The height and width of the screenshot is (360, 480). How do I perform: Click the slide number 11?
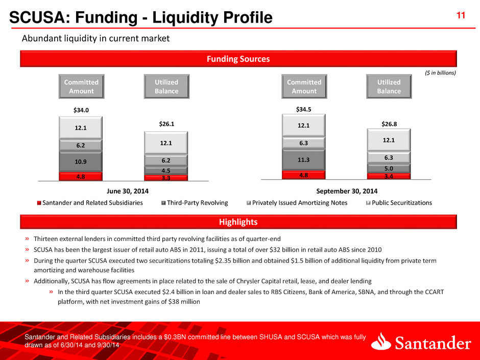point(460,16)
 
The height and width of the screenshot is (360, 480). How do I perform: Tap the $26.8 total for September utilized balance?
point(389,123)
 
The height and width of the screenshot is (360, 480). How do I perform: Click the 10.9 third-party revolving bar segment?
point(81,161)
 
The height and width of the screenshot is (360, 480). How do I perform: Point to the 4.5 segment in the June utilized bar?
point(166,171)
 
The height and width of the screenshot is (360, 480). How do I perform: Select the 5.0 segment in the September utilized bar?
point(389,168)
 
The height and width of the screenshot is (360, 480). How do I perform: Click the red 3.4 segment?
point(389,176)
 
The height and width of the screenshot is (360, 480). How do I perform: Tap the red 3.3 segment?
point(166,178)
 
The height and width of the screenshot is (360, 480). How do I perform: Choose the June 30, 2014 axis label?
point(124,191)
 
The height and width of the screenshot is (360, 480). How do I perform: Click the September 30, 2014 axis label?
point(346,191)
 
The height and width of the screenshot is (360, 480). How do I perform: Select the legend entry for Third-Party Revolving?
point(196,203)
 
